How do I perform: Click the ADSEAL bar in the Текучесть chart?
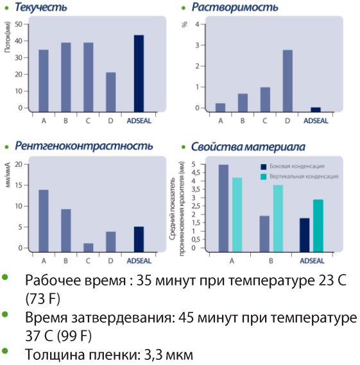(x=139, y=74)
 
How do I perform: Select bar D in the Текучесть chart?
(x=111, y=92)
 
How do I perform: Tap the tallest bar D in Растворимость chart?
(x=287, y=81)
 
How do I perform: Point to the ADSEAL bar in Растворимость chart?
(x=316, y=110)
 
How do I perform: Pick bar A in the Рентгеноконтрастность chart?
(x=44, y=221)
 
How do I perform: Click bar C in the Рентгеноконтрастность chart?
(x=89, y=248)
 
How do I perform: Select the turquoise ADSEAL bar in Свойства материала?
(x=318, y=226)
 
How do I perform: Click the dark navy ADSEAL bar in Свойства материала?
(x=305, y=235)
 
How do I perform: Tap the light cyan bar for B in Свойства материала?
(x=279, y=219)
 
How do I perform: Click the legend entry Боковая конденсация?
(x=293, y=166)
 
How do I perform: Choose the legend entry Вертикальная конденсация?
(x=300, y=176)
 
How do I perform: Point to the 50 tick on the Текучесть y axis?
(x=19, y=24)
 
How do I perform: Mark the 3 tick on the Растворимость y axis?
(x=198, y=45)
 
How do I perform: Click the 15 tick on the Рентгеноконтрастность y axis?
(x=19, y=185)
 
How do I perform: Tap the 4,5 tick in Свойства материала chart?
(x=196, y=173)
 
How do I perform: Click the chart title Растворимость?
(x=235, y=8)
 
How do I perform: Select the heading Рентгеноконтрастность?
(x=84, y=146)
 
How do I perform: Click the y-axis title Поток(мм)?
(x=8, y=37)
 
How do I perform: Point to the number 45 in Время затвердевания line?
(x=186, y=318)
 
